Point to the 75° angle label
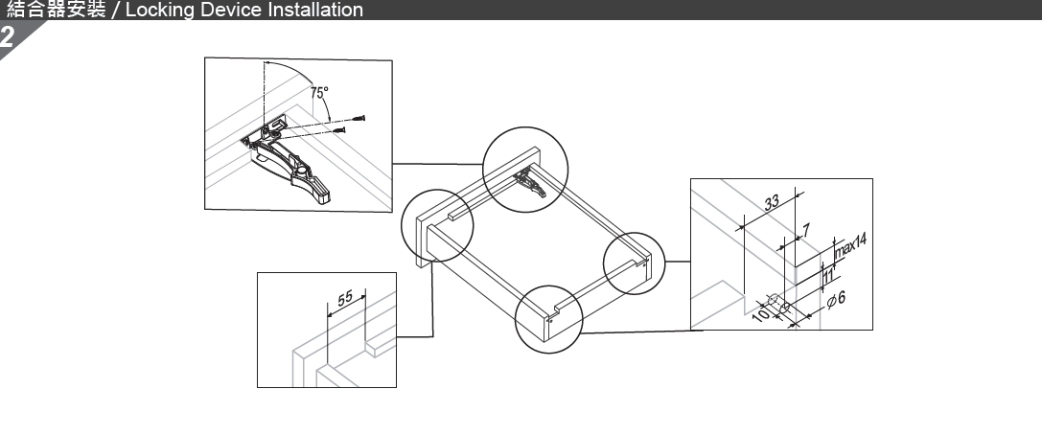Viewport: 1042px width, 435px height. pos(320,94)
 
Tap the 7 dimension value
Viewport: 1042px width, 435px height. pos(806,230)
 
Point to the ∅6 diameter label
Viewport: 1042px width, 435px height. pos(835,301)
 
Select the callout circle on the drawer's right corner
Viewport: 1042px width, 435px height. pos(635,263)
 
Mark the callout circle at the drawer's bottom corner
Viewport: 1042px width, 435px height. pos(548,320)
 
